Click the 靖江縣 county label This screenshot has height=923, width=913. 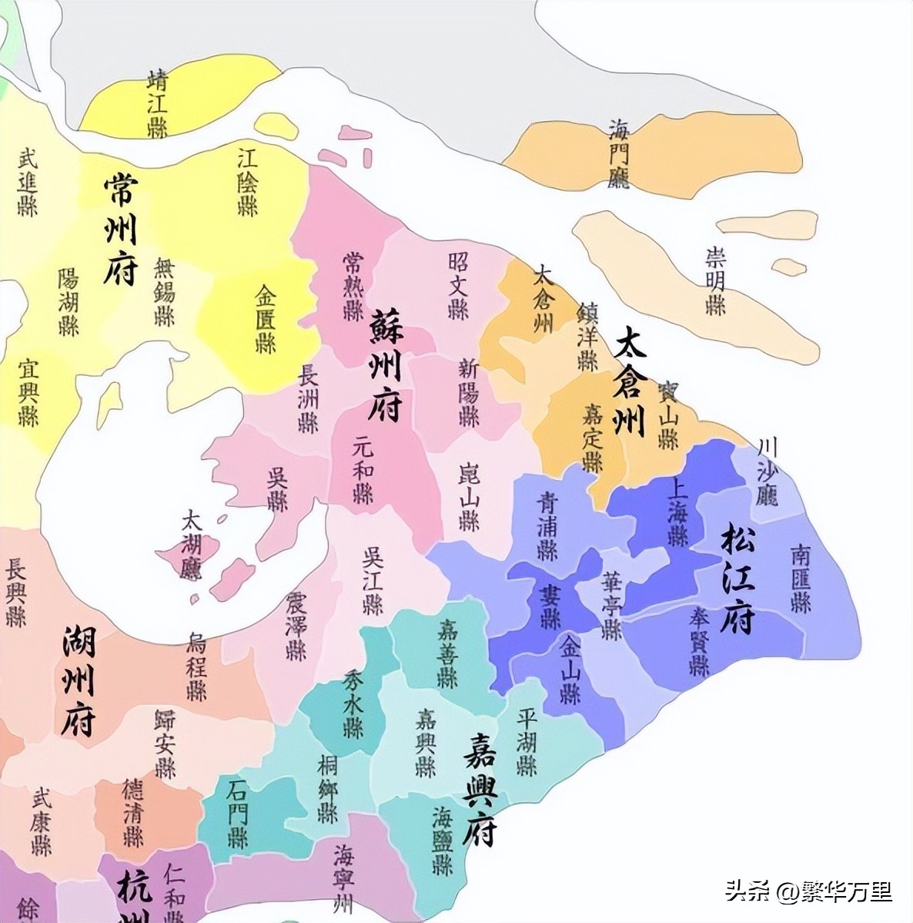coord(158,103)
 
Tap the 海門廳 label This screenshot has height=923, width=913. coord(618,153)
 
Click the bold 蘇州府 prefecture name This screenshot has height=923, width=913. coord(385,365)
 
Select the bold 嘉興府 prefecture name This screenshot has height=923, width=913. coord(480,788)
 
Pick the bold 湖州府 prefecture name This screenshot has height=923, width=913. coord(79,680)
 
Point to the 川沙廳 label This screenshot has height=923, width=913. coord(767,472)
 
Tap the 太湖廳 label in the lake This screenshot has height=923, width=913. coord(190,545)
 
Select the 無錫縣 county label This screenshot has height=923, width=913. coord(165,292)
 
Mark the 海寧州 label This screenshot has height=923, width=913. coord(343,878)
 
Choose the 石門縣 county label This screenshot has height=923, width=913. coord(238,814)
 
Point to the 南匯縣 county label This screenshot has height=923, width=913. coord(801,578)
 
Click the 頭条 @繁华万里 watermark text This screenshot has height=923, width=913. coord(808,892)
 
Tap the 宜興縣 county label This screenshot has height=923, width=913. coord(28,392)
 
